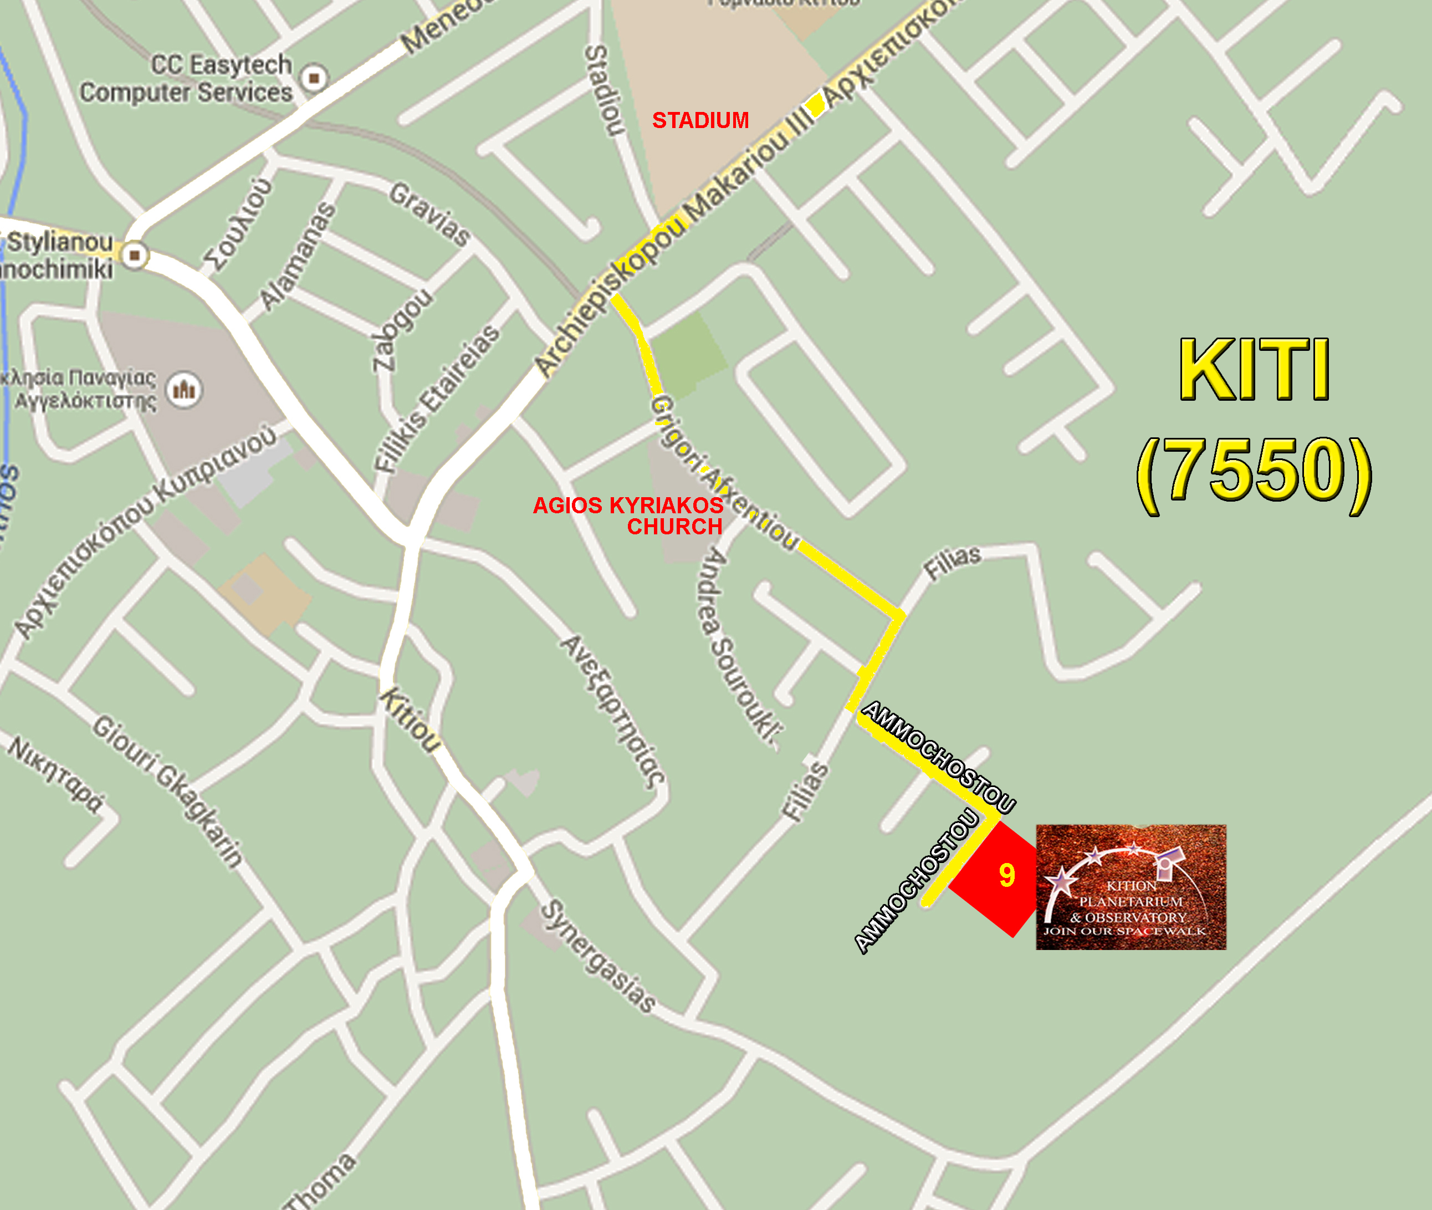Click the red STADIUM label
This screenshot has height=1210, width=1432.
click(x=700, y=120)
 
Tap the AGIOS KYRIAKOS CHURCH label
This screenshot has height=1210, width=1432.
click(x=628, y=516)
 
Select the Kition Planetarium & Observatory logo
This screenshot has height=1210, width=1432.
click(x=1130, y=887)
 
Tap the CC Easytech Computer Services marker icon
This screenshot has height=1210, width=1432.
click(x=314, y=78)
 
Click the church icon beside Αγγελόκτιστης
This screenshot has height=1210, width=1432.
click(x=184, y=390)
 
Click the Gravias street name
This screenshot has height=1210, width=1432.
click(x=430, y=214)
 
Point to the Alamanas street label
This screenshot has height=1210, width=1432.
click(x=298, y=256)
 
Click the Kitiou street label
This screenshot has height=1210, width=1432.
click(x=411, y=720)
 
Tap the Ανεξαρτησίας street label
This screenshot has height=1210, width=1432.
click(x=612, y=710)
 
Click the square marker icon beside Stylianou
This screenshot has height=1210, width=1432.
click(x=135, y=255)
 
